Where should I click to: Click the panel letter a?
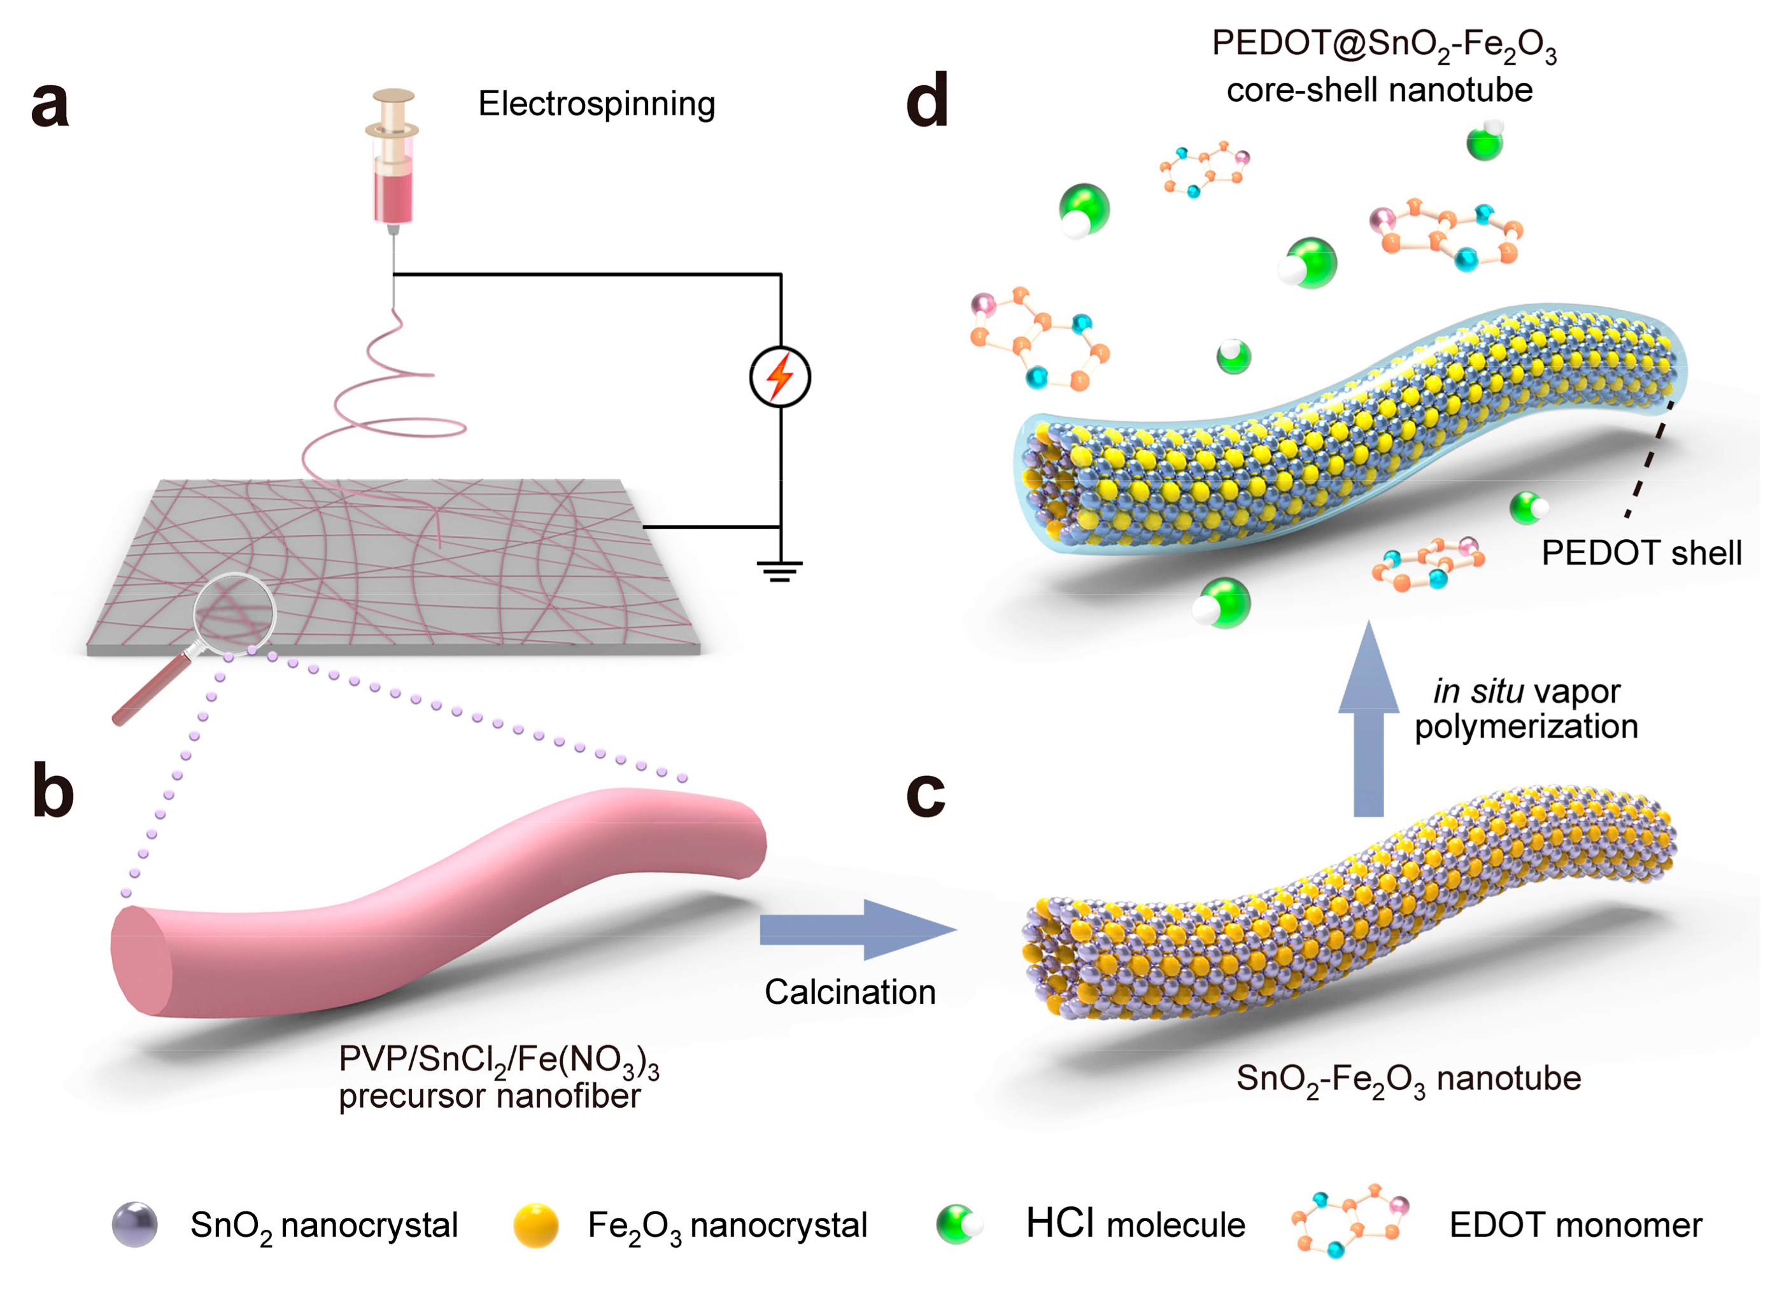click(50, 106)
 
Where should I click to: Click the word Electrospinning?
click(596, 104)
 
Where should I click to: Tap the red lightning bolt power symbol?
click(780, 377)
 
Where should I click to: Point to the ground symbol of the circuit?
click(779, 571)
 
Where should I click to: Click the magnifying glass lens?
click(234, 614)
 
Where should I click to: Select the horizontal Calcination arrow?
click(856, 929)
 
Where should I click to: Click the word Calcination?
click(849, 992)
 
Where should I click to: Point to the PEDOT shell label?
click(1641, 553)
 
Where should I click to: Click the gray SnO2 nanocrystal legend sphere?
click(134, 1225)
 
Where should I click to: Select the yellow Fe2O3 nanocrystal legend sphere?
click(536, 1225)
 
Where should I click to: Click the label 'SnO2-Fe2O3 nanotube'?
click(1408, 1079)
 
